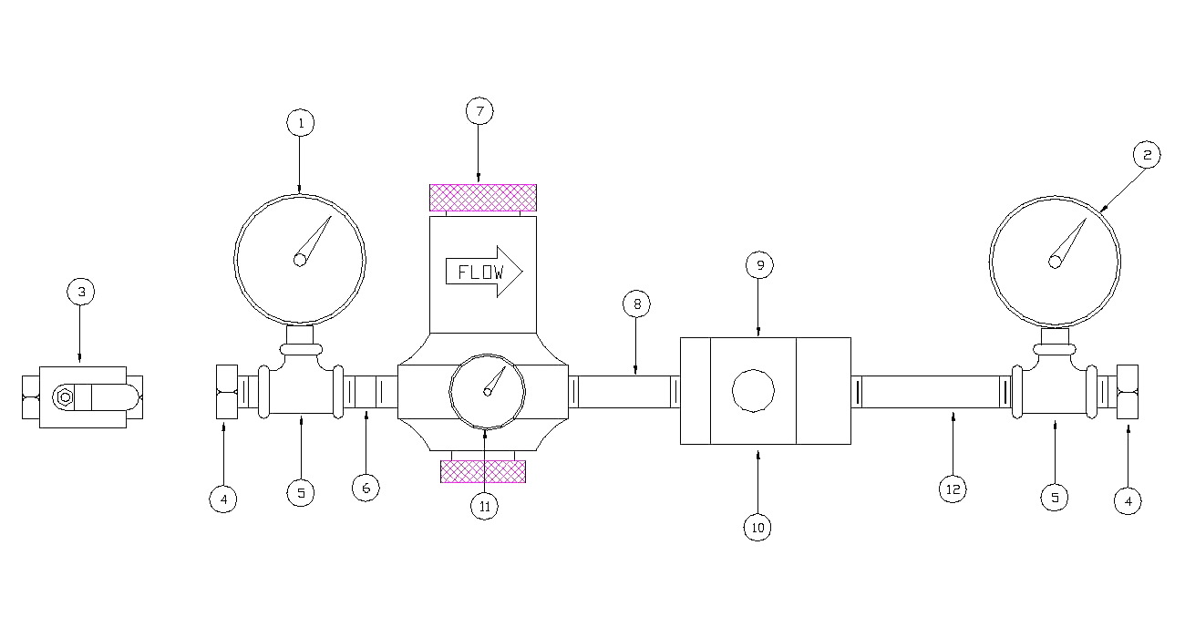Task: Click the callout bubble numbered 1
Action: pyautogui.click(x=300, y=122)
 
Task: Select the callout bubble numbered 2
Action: pyautogui.click(x=1147, y=155)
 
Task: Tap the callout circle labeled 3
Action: pyautogui.click(x=80, y=292)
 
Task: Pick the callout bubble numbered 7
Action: pyautogui.click(x=479, y=111)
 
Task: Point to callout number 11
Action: pyautogui.click(x=484, y=506)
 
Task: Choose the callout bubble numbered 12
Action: pyautogui.click(x=953, y=489)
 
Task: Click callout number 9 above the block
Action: pyautogui.click(x=758, y=265)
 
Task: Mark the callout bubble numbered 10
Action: pyautogui.click(x=757, y=527)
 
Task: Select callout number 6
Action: pyautogui.click(x=366, y=488)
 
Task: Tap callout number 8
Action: pyautogui.click(x=636, y=304)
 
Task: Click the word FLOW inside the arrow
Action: pyautogui.click(x=479, y=272)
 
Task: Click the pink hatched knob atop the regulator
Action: pyautogui.click(x=482, y=197)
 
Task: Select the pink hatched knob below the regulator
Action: pyautogui.click(x=482, y=470)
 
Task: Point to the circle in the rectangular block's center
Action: pyautogui.click(x=754, y=391)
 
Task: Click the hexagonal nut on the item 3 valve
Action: pyautogui.click(x=64, y=396)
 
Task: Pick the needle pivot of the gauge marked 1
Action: pyautogui.click(x=300, y=260)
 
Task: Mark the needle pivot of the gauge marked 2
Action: pyautogui.click(x=1055, y=262)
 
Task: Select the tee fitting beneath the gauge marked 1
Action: pyautogui.click(x=300, y=392)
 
